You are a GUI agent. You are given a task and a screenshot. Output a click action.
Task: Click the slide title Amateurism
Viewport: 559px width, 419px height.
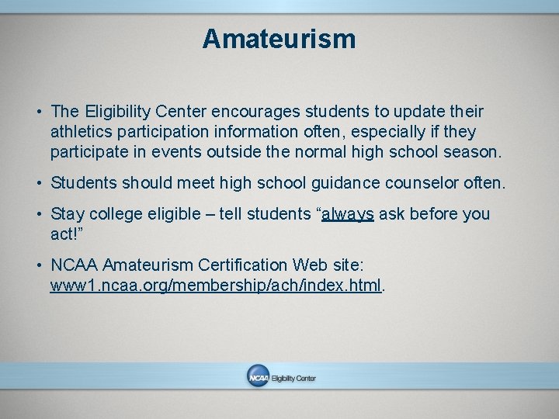pos(279,39)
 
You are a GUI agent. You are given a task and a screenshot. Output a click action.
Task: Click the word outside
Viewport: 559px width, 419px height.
pos(240,153)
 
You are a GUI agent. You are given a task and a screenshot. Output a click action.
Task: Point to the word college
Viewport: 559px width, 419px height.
pos(113,214)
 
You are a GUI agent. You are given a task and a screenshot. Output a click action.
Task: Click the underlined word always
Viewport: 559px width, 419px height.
pos(348,214)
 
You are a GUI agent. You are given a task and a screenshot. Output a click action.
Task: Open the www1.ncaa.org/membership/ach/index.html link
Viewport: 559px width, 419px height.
pos(216,286)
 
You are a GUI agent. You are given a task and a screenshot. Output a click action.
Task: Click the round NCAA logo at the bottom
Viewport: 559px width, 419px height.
pos(258,376)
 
